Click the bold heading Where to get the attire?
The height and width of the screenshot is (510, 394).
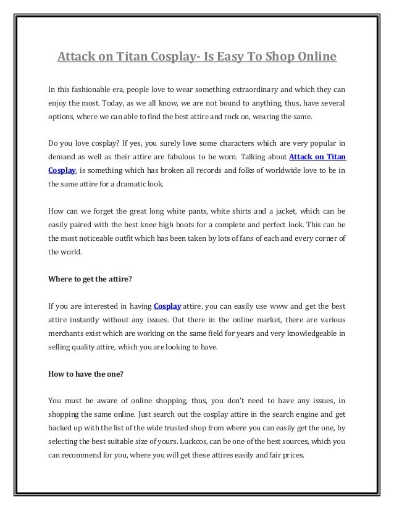[90, 278]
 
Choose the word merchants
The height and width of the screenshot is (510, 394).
[66, 333]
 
